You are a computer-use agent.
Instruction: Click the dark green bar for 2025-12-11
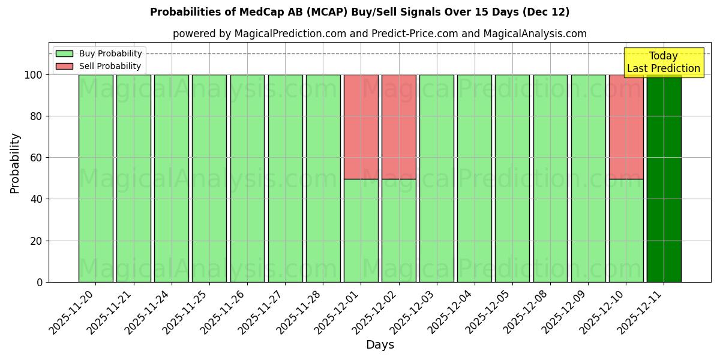(664, 180)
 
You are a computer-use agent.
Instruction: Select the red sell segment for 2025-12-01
(361, 127)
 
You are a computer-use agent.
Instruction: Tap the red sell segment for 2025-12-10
(626, 127)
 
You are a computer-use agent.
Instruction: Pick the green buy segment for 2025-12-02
(398, 230)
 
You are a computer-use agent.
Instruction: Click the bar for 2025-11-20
(95, 178)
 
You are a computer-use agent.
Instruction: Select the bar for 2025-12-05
(512, 178)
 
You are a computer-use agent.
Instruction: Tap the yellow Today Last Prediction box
(664, 62)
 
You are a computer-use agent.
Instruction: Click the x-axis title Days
(380, 345)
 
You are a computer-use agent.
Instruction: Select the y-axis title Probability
(15, 163)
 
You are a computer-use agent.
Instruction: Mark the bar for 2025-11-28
(323, 178)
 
